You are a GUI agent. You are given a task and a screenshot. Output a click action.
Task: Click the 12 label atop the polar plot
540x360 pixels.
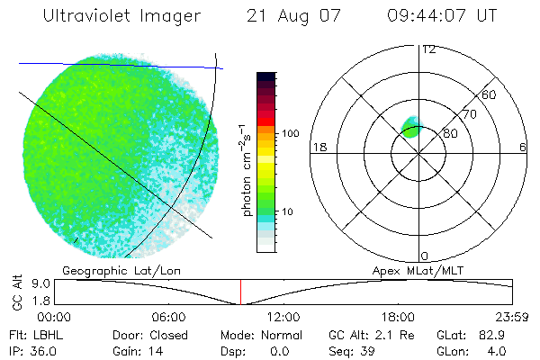428,49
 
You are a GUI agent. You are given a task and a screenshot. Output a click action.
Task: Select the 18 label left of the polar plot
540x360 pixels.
318,147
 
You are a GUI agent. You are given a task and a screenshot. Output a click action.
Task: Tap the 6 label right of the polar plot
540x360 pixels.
523,147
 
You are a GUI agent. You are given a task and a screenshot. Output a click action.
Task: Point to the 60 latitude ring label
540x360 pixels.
490,94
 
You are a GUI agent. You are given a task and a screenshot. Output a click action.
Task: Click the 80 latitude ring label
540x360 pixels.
451,133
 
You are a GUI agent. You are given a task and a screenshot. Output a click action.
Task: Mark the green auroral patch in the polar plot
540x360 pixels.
412,126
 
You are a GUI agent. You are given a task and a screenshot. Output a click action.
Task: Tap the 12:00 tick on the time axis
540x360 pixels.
283,317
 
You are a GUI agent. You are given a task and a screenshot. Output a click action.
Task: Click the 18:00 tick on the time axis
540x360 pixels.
397,317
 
